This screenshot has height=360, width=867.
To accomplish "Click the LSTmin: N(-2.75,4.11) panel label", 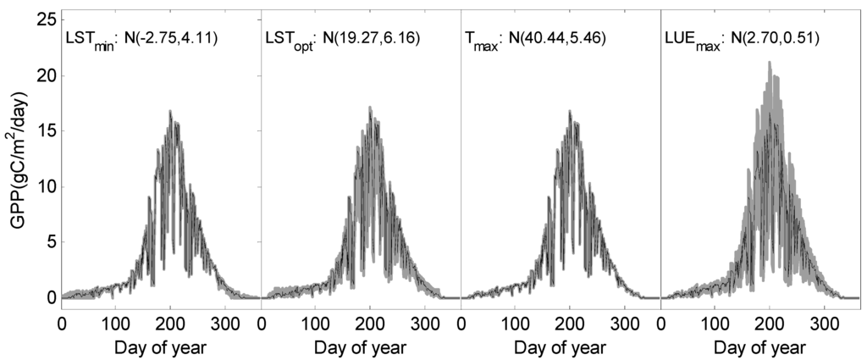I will tap(142, 37).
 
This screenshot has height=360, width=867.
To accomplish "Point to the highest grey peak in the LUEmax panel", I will tap(769, 63).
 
